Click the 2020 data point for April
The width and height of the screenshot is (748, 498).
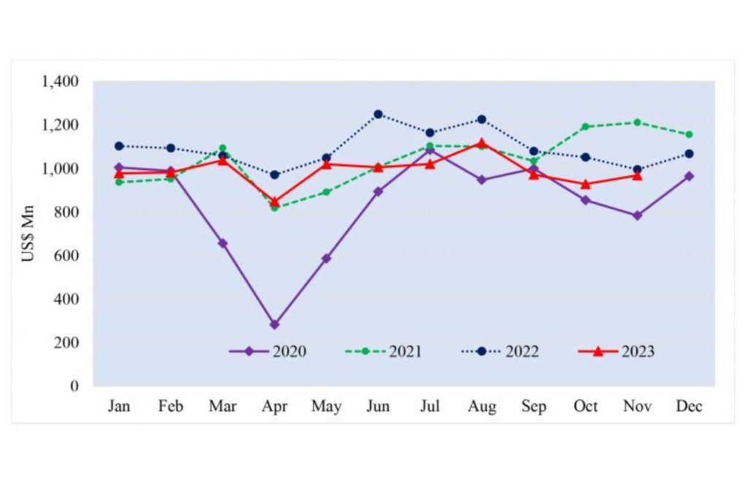click(x=275, y=324)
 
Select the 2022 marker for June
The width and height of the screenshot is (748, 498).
click(x=378, y=114)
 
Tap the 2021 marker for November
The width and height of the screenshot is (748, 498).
click(x=637, y=122)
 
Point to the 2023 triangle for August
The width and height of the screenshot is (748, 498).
click(x=481, y=143)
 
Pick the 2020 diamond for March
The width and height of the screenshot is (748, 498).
click(x=223, y=243)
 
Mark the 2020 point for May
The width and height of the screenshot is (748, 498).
click(x=327, y=258)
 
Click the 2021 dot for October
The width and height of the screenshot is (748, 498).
click(x=585, y=126)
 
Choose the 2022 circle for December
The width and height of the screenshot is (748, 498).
click(x=689, y=153)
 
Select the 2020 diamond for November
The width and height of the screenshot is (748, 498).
click(x=637, y=215)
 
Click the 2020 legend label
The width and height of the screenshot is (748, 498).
click(x=289, y=351)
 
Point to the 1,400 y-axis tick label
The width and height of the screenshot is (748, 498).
click(x=60, y=81)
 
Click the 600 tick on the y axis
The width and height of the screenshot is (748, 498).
click(x=67, y=256)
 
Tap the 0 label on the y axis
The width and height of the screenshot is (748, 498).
click(x=75, y=386)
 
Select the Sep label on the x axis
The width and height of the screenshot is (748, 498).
click(x=533, y=407)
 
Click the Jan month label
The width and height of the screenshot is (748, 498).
click(x=119, y=407)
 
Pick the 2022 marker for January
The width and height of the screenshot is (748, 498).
click(x=119, y=146)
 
